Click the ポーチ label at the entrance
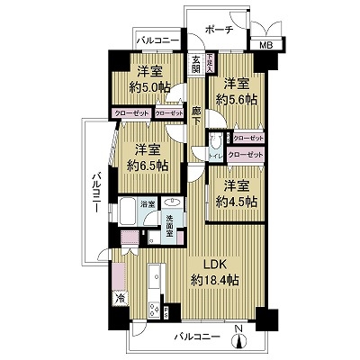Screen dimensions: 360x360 pyautogui.click(x=218, y=30)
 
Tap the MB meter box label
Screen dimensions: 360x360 pyautogui.click(x=265, y=46)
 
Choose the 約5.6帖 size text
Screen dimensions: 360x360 pyautogui.click(x=238, y=98)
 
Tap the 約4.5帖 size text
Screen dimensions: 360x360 pyautogui.click(x=238, y=202)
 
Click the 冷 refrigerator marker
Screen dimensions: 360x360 pyautogui.click(x=119, y=297)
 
